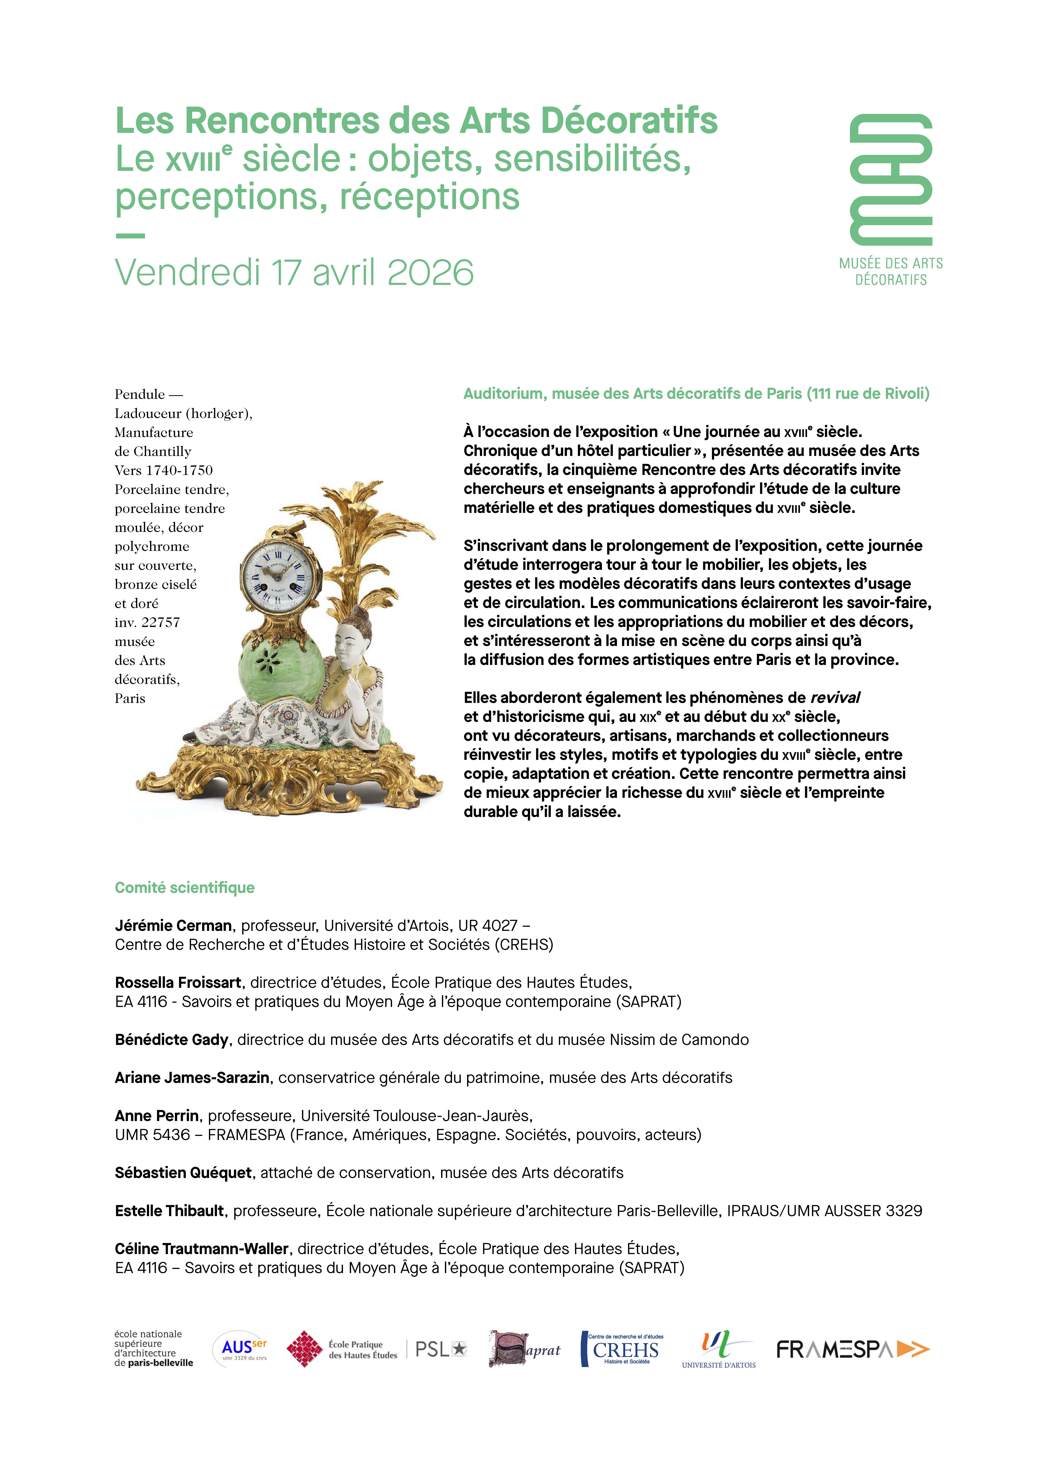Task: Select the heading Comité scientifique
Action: [x=184, y=888]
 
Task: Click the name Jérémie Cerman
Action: [x=173, y=926]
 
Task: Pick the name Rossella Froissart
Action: [x=178, y=982]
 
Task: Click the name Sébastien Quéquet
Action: [x=183, y=1172]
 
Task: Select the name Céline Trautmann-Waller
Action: [x=201, y=1249]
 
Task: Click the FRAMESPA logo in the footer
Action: [x=852, y=1349]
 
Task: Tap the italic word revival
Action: [x=835, y=698]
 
